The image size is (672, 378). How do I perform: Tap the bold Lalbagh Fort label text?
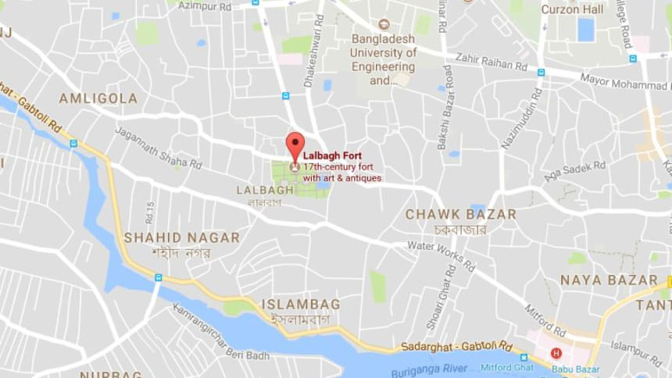click(x=332, y=155)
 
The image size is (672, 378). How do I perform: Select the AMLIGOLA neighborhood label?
click(x=98, y=98)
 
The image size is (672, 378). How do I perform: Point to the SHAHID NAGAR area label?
click(x=181, y=237)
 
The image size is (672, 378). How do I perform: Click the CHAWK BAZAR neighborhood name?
click(x=460, y=214)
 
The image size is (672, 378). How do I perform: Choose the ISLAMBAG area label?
click(x=300, y=304)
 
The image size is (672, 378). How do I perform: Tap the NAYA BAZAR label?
click(x=609, y=280)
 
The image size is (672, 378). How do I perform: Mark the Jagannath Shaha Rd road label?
click(x=158, y=148)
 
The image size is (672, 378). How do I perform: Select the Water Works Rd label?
click(x=441, y=255)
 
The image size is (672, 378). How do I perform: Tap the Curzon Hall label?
click(x=572, y=9)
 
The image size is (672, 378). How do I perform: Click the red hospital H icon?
click(x=556, y=353)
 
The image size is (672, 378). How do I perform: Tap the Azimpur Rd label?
click(x=205, y=6)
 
